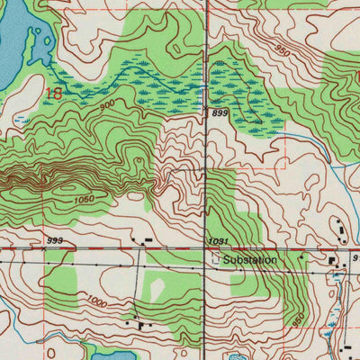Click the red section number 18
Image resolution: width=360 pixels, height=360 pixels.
click(55, 92)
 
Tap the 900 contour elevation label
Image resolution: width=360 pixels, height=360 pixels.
click(109, 104)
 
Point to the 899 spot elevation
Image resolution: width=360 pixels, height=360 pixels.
click(218, 113)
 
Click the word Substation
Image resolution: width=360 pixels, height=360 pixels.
click(250, 260)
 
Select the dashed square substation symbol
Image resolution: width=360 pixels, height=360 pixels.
click(215, 259)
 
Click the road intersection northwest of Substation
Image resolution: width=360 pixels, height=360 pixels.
click(206, 249)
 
